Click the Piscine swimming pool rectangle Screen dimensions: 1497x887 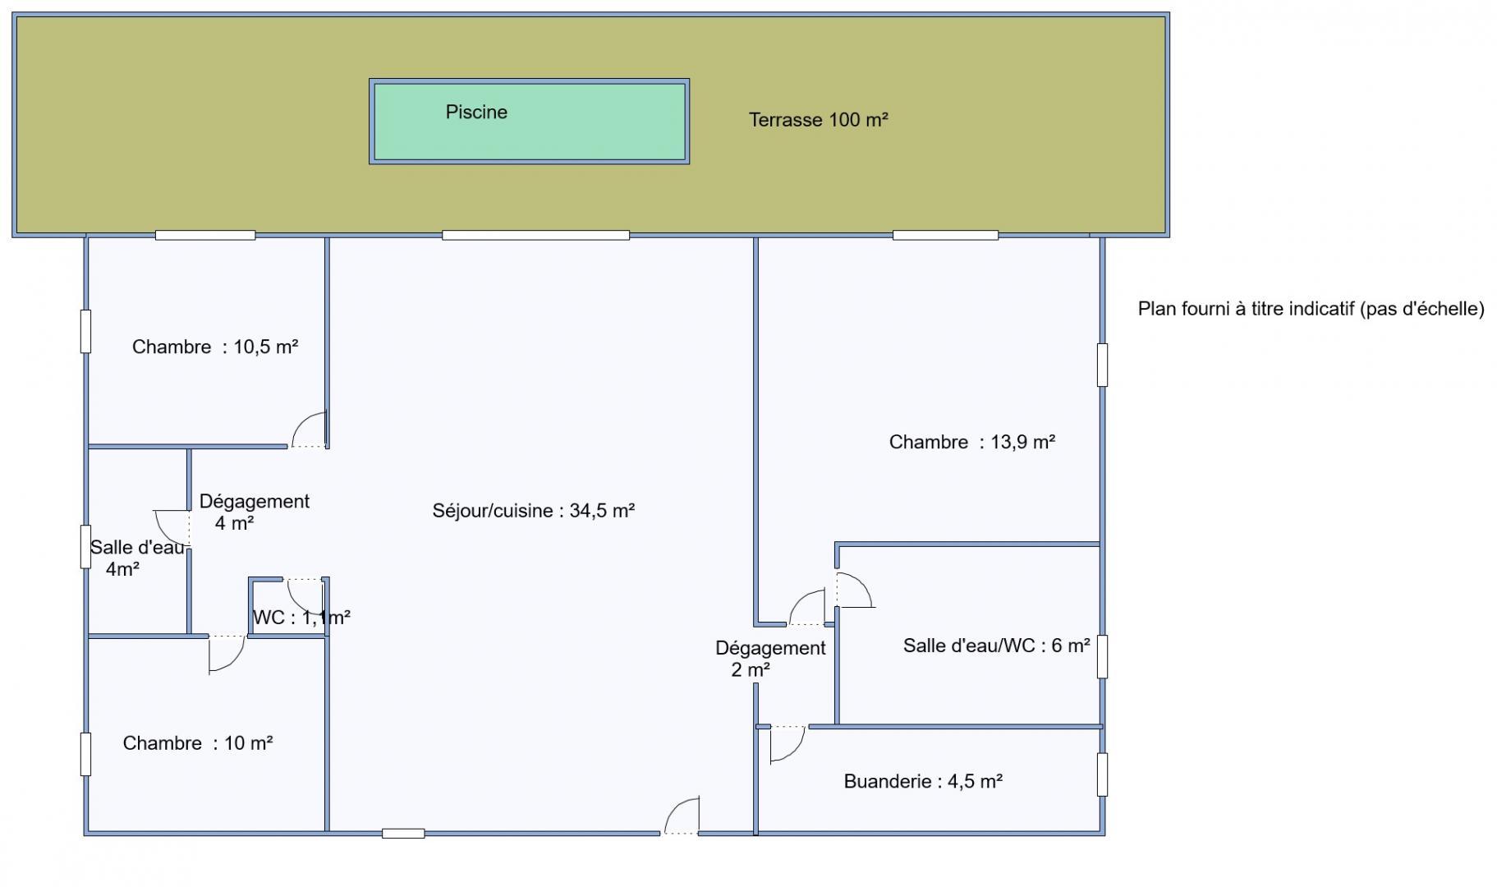529,122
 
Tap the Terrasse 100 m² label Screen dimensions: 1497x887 819,120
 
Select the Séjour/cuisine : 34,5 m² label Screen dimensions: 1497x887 534,511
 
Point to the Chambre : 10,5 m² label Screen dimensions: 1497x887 215,347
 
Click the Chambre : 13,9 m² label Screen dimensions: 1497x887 972,442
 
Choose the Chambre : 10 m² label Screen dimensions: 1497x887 198,743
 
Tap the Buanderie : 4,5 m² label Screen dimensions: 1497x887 923,781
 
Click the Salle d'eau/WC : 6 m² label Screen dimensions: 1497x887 997,646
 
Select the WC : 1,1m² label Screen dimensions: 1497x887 301,618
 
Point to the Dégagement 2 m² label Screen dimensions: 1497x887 770,659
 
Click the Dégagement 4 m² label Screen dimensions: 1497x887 255,512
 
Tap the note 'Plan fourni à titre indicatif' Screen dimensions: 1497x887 1311,309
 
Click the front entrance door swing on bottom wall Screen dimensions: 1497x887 682,816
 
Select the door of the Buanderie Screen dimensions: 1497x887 787,744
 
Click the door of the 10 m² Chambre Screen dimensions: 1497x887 227,655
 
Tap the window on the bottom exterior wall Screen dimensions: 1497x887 403,834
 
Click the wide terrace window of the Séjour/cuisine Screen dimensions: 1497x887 535,236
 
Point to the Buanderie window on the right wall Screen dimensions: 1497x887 1102,774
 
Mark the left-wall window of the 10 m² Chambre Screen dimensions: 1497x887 85,754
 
